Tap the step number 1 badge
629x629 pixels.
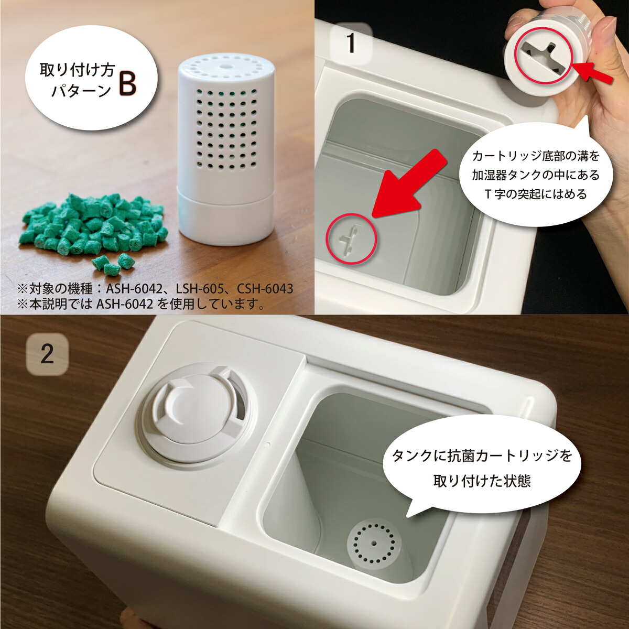[x=351, y=43]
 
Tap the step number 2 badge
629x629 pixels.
[x=47, y=354]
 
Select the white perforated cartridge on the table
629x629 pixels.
[x=224, y=152]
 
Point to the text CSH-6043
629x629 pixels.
[x=264, y=289]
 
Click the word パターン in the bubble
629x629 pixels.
[x=81, y=91]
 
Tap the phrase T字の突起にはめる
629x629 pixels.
[x=535, y=194]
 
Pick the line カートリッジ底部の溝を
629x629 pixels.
[x=535, y=156]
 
